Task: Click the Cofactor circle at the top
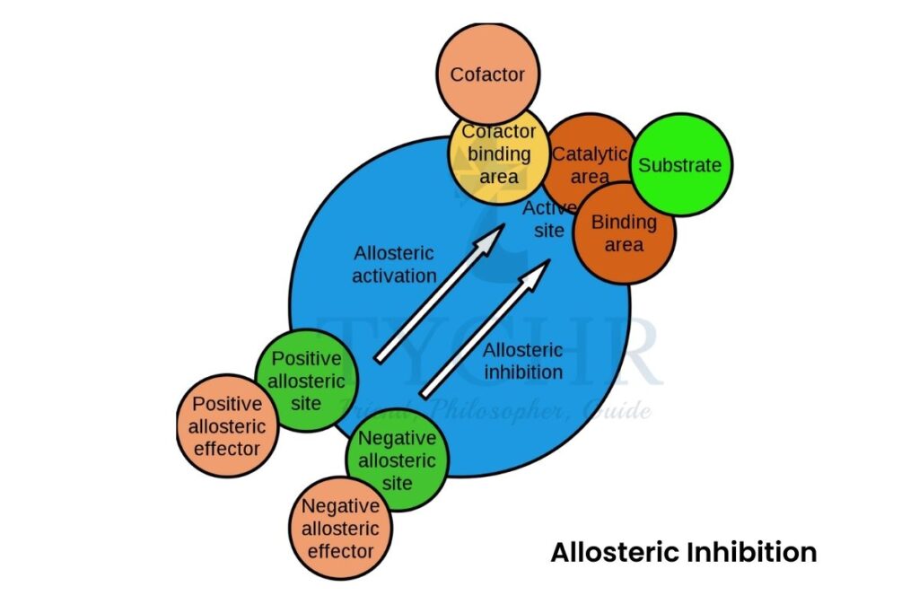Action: [487, 74]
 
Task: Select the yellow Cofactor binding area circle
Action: [499, 154]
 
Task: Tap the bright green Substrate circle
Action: [679, 165]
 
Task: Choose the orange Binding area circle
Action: [624, 232]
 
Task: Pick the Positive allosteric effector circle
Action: [227, 426]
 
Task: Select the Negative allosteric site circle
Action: [397, 460]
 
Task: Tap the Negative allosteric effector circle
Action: [340, 528]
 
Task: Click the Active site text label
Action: [545, 219]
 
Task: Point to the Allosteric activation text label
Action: [394, 265]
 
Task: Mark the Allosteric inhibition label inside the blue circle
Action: [523, 361]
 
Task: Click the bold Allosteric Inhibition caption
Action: [684, 552]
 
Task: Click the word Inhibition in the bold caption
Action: [752, 552]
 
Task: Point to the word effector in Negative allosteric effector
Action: [340, 549]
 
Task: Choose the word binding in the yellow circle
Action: [499, 154]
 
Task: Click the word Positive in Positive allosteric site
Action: [307, 359]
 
